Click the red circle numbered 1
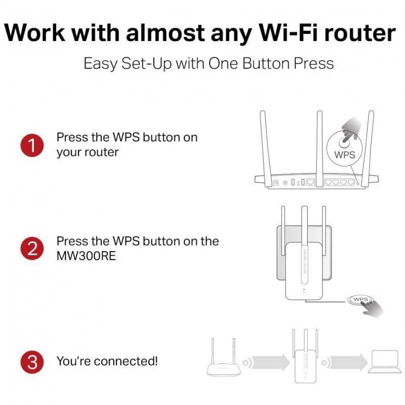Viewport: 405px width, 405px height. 32,145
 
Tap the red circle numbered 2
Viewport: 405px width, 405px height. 32,248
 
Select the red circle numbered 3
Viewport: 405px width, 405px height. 32,361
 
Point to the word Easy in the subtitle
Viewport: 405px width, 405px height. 100,64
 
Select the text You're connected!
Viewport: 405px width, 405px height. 107,361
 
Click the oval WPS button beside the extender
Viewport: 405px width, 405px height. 360,300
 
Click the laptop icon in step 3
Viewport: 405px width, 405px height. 384,361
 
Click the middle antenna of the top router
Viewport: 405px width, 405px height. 319,142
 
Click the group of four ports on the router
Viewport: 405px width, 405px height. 338,181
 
